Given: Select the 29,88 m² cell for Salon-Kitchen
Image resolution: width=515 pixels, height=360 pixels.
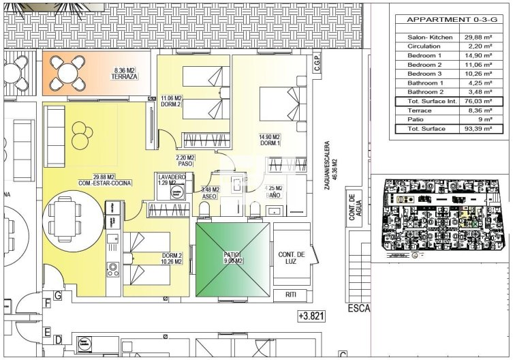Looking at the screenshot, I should [x=478, y=38].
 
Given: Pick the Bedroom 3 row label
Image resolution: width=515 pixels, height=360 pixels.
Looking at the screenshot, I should [x=424, y=74].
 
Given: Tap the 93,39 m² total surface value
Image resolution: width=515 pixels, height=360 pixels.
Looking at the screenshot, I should [x=478, y=128].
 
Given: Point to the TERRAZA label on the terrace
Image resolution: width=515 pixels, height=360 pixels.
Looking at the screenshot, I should [x=125, y=77].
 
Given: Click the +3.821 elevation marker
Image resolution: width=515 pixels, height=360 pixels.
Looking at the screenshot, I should [x=311, y=316].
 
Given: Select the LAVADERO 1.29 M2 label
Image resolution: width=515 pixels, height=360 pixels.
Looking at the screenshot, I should [x=171, y=180].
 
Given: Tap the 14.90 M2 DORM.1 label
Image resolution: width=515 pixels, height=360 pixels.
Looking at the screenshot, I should [x=270, y=140].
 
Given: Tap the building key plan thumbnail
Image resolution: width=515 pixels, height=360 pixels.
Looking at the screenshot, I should [x=442, y=217].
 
